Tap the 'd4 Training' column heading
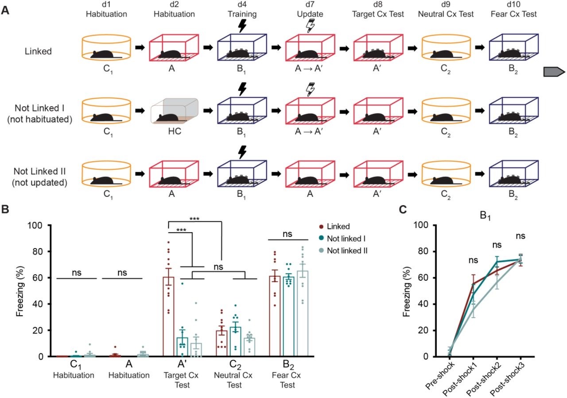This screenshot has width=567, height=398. [242, 10]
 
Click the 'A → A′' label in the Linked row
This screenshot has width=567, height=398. [308, 71]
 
